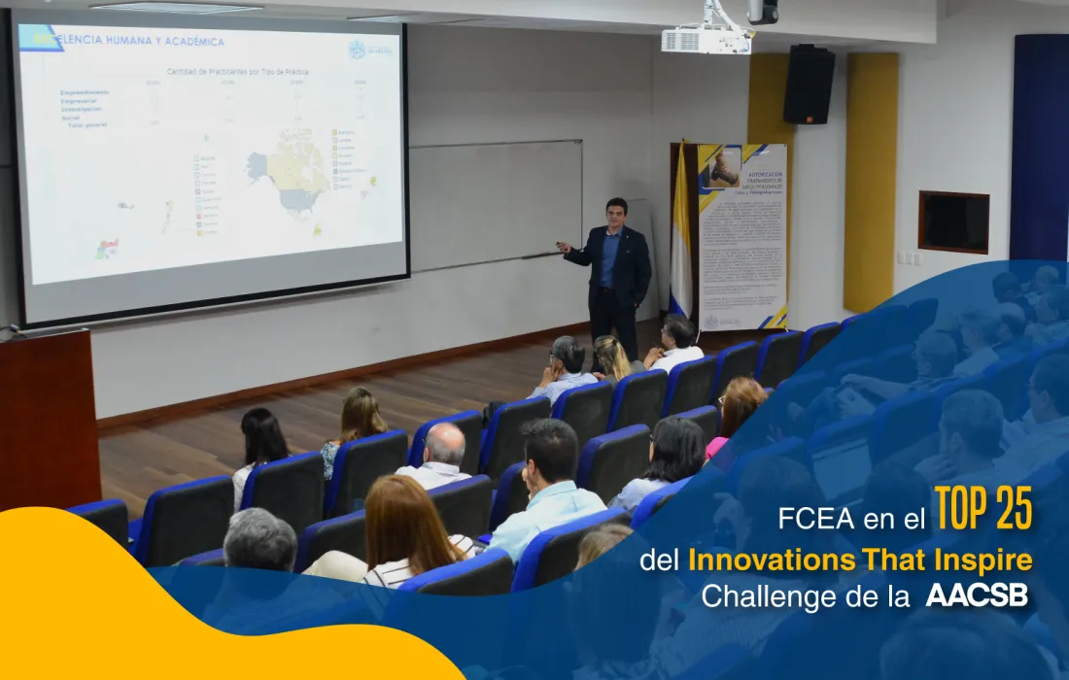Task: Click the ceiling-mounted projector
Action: click(x=707, y=38)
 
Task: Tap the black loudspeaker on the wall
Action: click(x=809, y=85)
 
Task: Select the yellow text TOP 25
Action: click(x=983, y=509)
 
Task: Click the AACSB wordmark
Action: click(x=977, y=595)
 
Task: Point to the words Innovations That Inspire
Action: click(x=859, y=561)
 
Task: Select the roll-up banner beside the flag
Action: click(x=742, y=237)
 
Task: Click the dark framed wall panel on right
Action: click(x=953, y=222)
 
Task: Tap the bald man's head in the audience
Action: click(x=445, y=444)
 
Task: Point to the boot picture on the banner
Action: click(x=725, y=169)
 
